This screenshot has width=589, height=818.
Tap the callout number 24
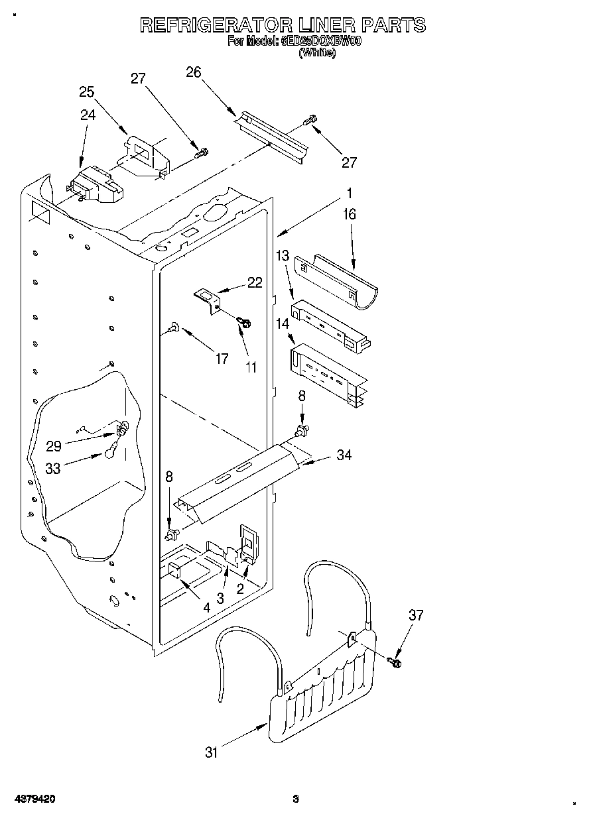(88, 115)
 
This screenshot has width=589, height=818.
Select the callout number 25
(87, 92)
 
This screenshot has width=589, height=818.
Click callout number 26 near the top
(194, 72)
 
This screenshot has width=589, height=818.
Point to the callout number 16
(350, 214)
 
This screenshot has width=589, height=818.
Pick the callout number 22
(255, 282)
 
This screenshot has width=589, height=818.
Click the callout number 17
(222, 359)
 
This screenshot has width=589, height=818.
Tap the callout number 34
(344, 455)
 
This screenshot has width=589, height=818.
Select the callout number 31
(212, 752)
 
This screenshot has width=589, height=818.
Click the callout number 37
(416, 616)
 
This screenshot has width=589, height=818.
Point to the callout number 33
(53, 468)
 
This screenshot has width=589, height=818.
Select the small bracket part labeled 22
(207, 296)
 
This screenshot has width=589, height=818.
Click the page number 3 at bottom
(296, 799)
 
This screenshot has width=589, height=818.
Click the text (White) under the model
(317, 52)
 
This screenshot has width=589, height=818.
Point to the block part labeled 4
(176, 569)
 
